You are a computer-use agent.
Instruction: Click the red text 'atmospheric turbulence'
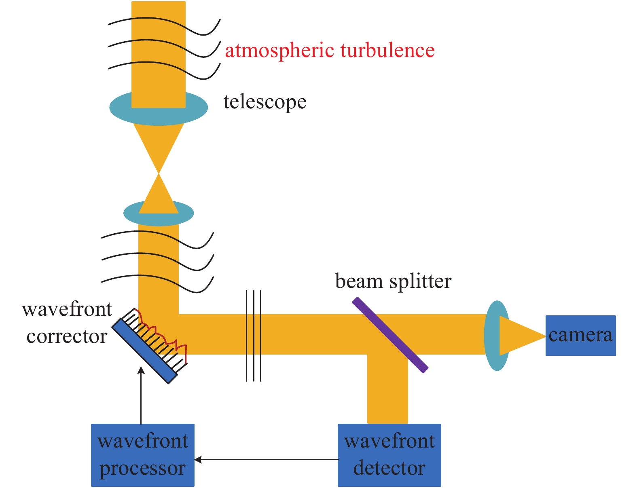[330, 51]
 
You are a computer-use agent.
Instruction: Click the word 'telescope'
[265, 102]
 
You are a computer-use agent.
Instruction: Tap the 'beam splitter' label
[393, 281]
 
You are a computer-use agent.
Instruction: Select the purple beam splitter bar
[390, 335]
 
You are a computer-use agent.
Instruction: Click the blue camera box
[580, 336]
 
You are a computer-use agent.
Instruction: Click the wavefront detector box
[389, 455]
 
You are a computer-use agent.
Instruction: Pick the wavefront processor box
[142, 455]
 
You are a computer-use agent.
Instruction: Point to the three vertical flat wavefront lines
[254, 336]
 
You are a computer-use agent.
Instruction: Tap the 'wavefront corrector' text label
[67, 323]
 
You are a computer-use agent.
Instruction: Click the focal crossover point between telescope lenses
[159, 174]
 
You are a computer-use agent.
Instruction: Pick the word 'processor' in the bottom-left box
[142, 468]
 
